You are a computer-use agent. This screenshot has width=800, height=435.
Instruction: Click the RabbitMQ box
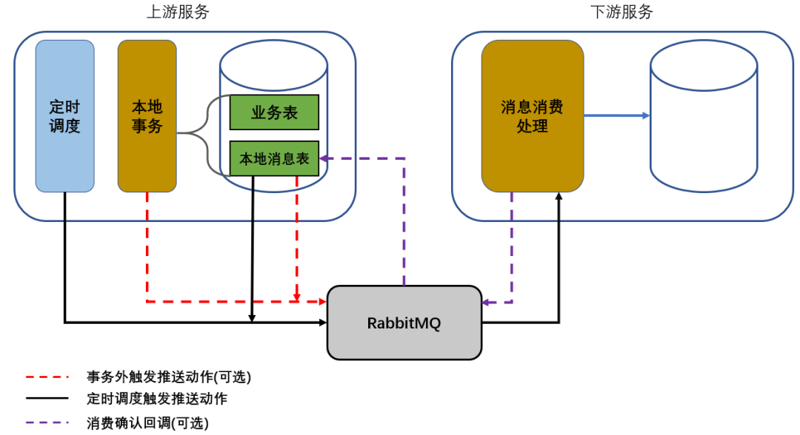404,323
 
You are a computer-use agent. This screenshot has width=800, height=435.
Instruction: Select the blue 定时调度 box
65,116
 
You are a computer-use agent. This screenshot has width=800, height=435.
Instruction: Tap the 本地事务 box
147,116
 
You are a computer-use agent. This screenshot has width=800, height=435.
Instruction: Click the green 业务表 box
274,112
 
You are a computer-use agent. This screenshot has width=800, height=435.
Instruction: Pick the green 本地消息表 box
274,158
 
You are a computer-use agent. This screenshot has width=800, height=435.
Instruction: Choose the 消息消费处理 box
532,116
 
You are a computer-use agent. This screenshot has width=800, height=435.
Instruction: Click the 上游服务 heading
178,12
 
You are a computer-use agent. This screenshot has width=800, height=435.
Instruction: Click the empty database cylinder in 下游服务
704,118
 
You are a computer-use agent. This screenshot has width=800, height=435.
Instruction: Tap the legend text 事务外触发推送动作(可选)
168,377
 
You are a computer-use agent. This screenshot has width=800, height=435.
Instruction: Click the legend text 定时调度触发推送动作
156,399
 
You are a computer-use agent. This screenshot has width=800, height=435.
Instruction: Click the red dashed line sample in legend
47,377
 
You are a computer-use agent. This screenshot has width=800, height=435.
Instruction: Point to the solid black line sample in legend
47,399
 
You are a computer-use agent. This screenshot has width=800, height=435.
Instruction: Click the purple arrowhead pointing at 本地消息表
324,158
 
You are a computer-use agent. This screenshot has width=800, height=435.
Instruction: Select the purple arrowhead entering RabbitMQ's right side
486,302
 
